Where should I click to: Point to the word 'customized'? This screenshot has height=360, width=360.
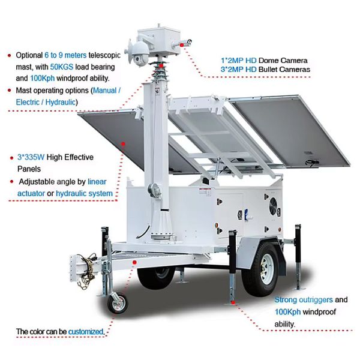(x=86, y=332)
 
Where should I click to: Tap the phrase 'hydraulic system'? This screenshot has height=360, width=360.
(x=84, y=193)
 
